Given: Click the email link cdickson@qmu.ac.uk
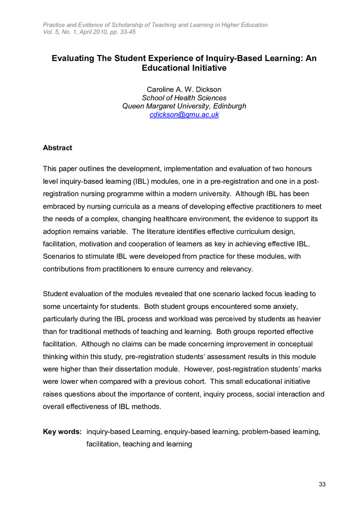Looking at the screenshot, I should [x=184, y=115].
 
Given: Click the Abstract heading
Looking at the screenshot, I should [x=58, y=148].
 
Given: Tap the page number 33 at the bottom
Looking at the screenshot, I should [x=322, y=484].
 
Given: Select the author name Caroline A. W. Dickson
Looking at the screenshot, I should [x=184, y=90].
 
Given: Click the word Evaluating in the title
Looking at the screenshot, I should [x=75, y=59].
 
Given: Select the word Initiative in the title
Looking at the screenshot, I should [x=203, y=68].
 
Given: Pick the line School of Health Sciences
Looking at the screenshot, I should [x=184, y=98].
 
